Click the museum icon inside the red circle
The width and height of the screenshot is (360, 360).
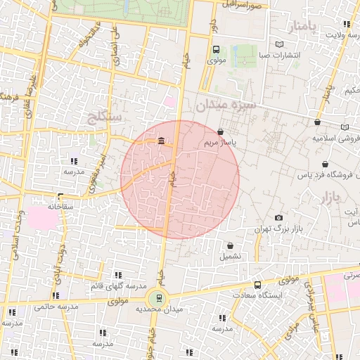point(162,143)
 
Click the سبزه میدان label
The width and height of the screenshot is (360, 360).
point(225,105)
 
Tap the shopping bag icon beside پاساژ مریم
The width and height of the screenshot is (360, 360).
point(221,131)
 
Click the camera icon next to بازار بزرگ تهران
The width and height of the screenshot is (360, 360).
point(279,218)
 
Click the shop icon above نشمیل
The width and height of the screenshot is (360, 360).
point(231,246)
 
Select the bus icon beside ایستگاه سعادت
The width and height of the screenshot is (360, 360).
point(258,285)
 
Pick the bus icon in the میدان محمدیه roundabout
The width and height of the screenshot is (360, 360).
point(159,297)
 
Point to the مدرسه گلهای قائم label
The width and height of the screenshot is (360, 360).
point(117,286)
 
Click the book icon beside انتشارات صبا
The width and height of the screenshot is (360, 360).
point(280,44)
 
